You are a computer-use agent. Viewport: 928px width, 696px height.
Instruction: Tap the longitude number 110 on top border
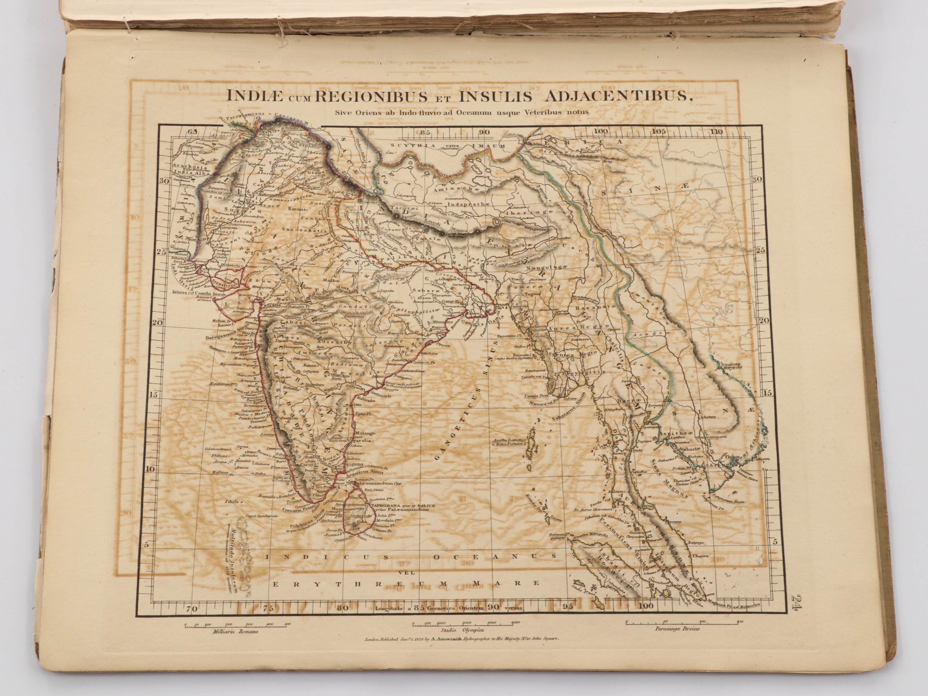(x=717, y=132)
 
